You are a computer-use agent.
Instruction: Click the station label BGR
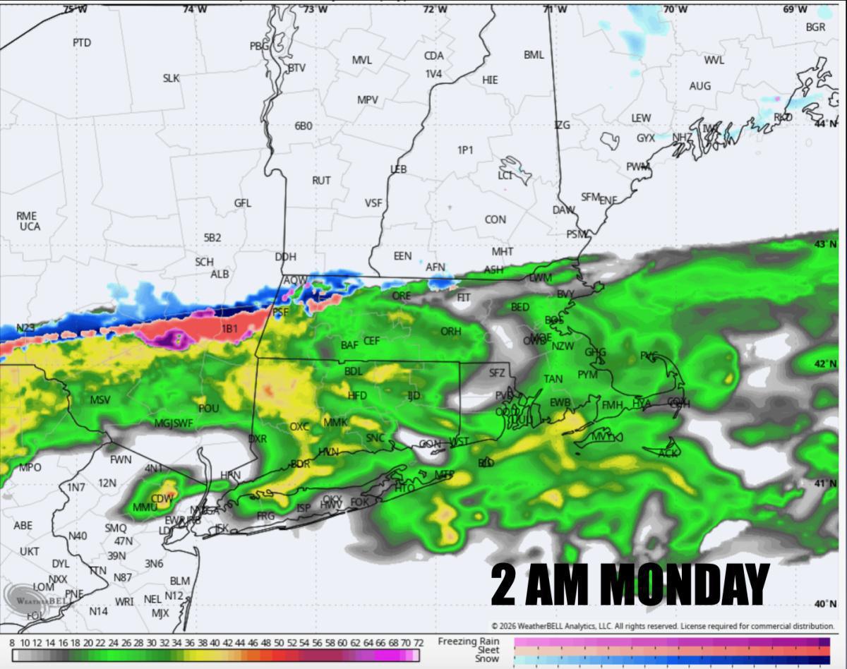815,27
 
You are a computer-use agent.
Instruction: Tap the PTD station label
82,42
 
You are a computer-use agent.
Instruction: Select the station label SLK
171,78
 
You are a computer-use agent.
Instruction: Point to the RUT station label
321,181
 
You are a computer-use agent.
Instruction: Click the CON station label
495,219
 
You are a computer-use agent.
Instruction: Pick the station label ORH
450,332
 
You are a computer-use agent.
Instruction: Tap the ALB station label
220,274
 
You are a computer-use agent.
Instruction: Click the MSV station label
100,400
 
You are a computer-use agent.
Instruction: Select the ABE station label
23,526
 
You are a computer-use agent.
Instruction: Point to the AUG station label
699,86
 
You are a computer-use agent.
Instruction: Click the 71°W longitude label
555,9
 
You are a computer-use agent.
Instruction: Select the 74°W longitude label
195,9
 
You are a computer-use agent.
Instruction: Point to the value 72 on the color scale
418,643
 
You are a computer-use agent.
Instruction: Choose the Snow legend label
488,659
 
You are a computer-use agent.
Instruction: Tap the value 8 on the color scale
12,643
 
